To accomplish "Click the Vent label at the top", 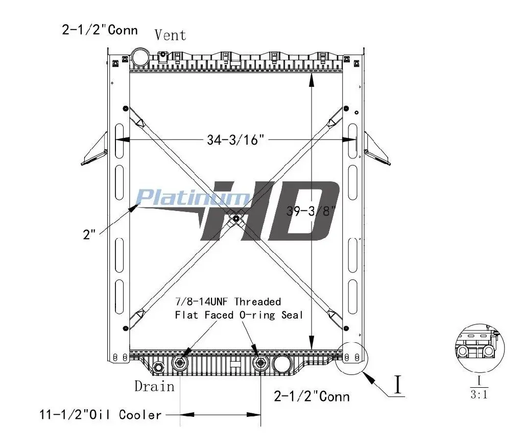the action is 170,35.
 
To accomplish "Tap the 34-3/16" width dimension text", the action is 235,139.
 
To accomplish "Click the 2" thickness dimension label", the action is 89,234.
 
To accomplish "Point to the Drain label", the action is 154,386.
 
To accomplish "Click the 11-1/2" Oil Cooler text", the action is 101,415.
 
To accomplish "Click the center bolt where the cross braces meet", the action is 236,219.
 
